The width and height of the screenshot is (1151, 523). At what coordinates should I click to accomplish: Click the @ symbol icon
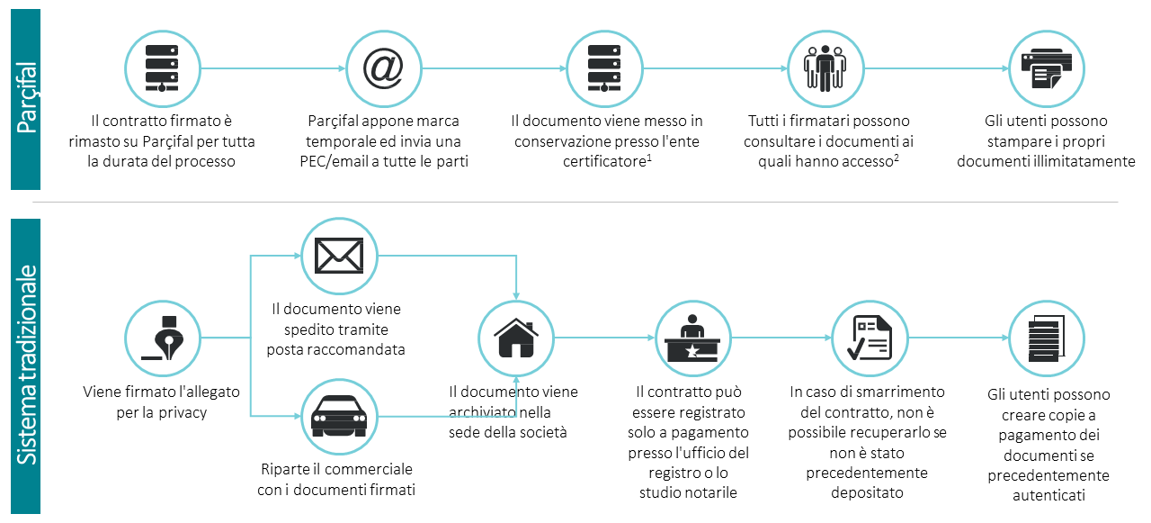383,68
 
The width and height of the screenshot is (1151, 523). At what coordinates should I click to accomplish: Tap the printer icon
1047,68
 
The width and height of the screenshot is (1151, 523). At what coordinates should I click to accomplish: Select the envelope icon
339,256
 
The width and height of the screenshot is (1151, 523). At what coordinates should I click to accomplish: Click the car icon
339,416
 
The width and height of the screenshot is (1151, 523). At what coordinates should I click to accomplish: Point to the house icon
516,338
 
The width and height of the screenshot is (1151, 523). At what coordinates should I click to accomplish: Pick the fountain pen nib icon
163,338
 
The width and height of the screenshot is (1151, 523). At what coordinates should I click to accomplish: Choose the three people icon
825,68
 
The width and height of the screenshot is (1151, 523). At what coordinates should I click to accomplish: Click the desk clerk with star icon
692,338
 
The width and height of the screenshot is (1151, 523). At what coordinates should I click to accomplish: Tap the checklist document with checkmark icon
870,338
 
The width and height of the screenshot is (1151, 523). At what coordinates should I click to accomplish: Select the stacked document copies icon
1047,338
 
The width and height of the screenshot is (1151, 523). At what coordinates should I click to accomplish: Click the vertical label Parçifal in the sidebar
26,98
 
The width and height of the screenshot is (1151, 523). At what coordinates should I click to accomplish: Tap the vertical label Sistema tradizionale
26,365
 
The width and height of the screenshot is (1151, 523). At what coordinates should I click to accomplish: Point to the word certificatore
604,161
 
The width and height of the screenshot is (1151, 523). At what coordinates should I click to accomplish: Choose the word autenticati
1048,495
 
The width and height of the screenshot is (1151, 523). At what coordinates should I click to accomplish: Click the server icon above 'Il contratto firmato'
162,68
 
